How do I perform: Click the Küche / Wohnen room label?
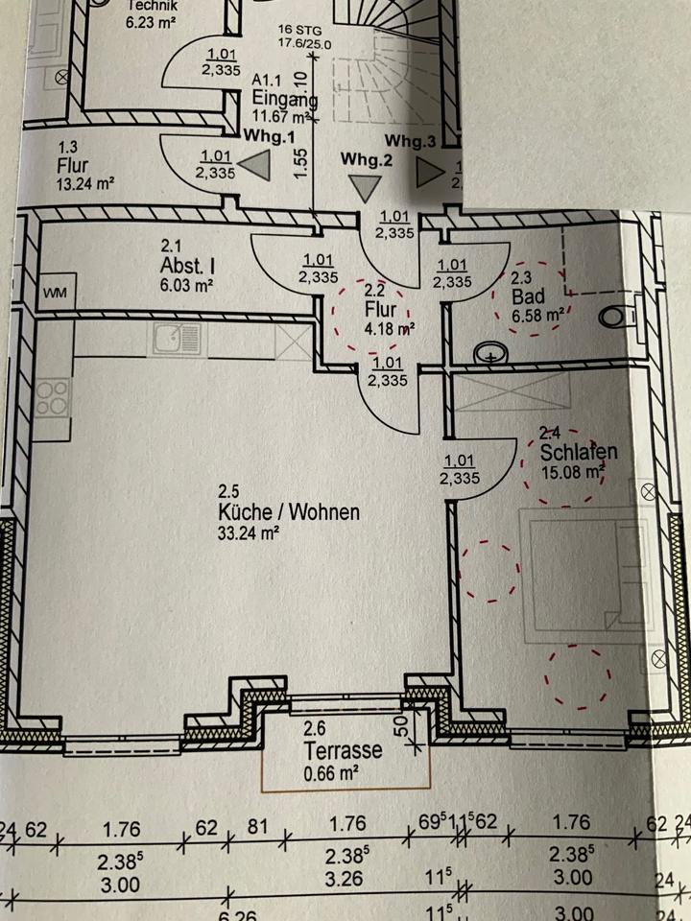pos(288,512)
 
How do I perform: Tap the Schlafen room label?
pos(578,452)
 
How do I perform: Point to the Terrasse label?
pos(344,750)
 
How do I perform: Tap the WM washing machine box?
pos(55,293)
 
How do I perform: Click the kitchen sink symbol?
pos(177,338)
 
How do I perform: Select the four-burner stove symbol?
pos(53,397)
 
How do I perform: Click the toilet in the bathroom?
pos(618,313)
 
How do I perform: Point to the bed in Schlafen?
pos(582,576)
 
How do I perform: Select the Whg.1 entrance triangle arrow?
pos(254,167)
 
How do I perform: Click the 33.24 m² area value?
pos(248,533)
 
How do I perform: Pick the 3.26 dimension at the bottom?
pos(344,879)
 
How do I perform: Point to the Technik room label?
pos(153,5)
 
